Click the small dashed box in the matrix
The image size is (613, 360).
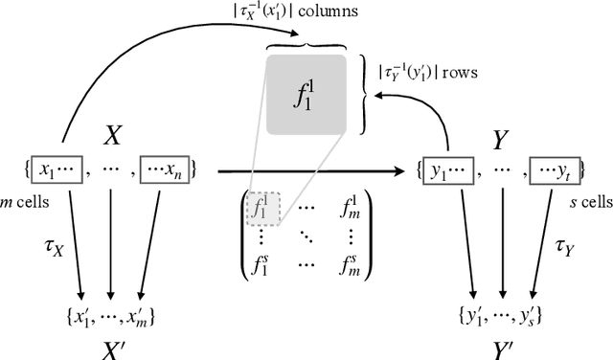pos(258,204)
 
